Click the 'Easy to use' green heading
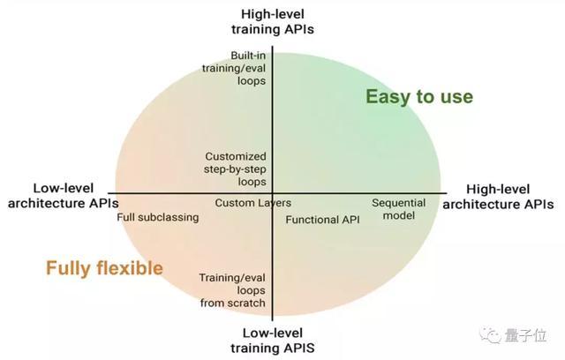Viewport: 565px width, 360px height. point(419,96)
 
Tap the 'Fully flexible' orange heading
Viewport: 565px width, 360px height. point(104,267)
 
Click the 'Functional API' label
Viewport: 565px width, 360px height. point(323,219)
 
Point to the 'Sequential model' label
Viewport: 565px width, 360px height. point(398,209)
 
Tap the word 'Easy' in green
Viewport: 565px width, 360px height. point(386,97)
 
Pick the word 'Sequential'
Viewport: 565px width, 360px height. point(398,203)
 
